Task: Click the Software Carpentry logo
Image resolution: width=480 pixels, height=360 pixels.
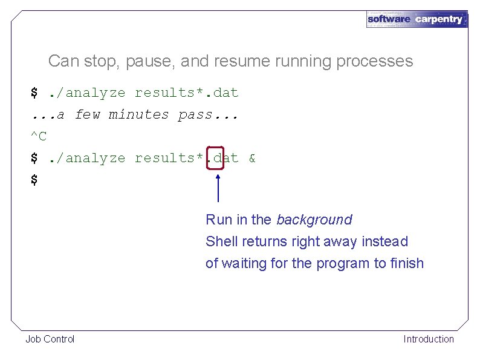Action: click(x=417, y=19)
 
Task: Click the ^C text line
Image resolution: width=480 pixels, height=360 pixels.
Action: click(x=39, y=136)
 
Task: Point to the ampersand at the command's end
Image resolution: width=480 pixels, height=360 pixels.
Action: click(x=251, y=159)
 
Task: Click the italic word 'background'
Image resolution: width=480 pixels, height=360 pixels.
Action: click(x=314, y=220)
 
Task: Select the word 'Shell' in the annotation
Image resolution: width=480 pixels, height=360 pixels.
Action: click(x=222, y=241)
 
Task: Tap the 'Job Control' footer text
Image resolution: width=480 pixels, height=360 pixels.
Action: click(x=50, y=339)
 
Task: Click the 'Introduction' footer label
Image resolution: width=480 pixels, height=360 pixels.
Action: click(x=428, y=339)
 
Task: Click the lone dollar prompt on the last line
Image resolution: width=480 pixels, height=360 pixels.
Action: click(x=34, y=180)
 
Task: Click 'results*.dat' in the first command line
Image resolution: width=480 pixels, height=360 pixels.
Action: click(x=186, y=93)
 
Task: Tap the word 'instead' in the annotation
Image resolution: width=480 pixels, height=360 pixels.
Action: click(x=385, y=241)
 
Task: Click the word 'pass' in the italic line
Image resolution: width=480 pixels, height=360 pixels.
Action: click(x=195, y=114)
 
